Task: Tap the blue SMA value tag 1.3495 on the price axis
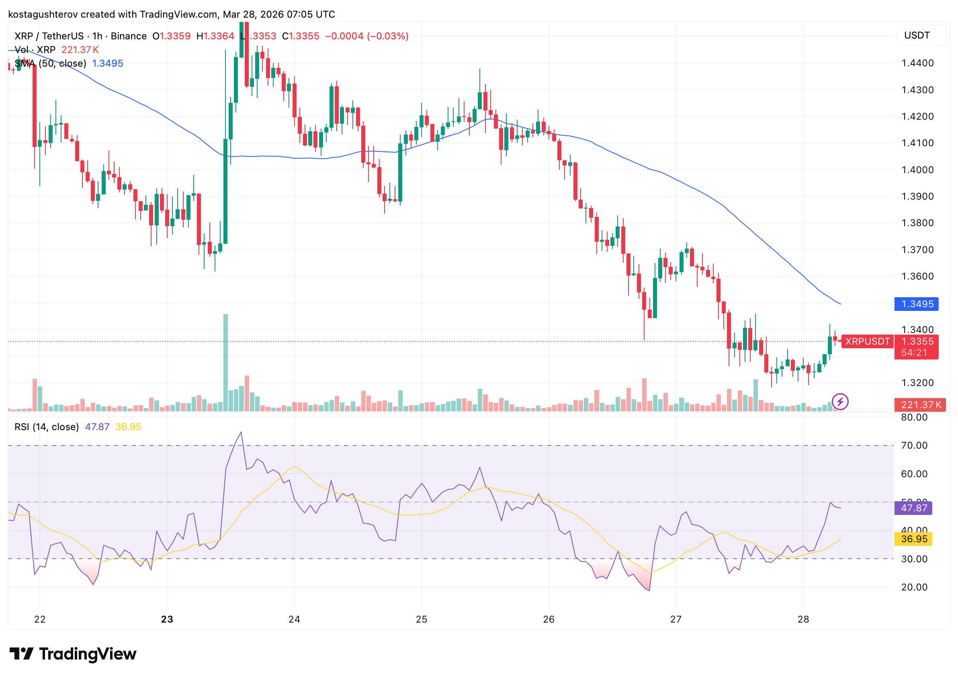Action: click(916, 304)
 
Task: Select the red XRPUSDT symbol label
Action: click(867, 341)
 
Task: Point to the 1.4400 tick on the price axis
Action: click(917, 63)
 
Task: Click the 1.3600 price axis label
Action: click(917, 276)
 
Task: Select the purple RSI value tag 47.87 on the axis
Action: click(913, 508)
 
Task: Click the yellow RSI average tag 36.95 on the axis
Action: click(913, 539)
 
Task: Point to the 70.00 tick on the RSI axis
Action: click(914, 445)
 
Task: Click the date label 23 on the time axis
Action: click(167, 619)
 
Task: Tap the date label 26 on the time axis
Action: click(549, 619)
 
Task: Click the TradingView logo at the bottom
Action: click(73, 654)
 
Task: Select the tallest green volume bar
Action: click(225, 362)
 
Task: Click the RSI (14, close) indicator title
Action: click(47, 427)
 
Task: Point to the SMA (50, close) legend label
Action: click(51, 63)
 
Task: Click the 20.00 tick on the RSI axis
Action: click(914, 587)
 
